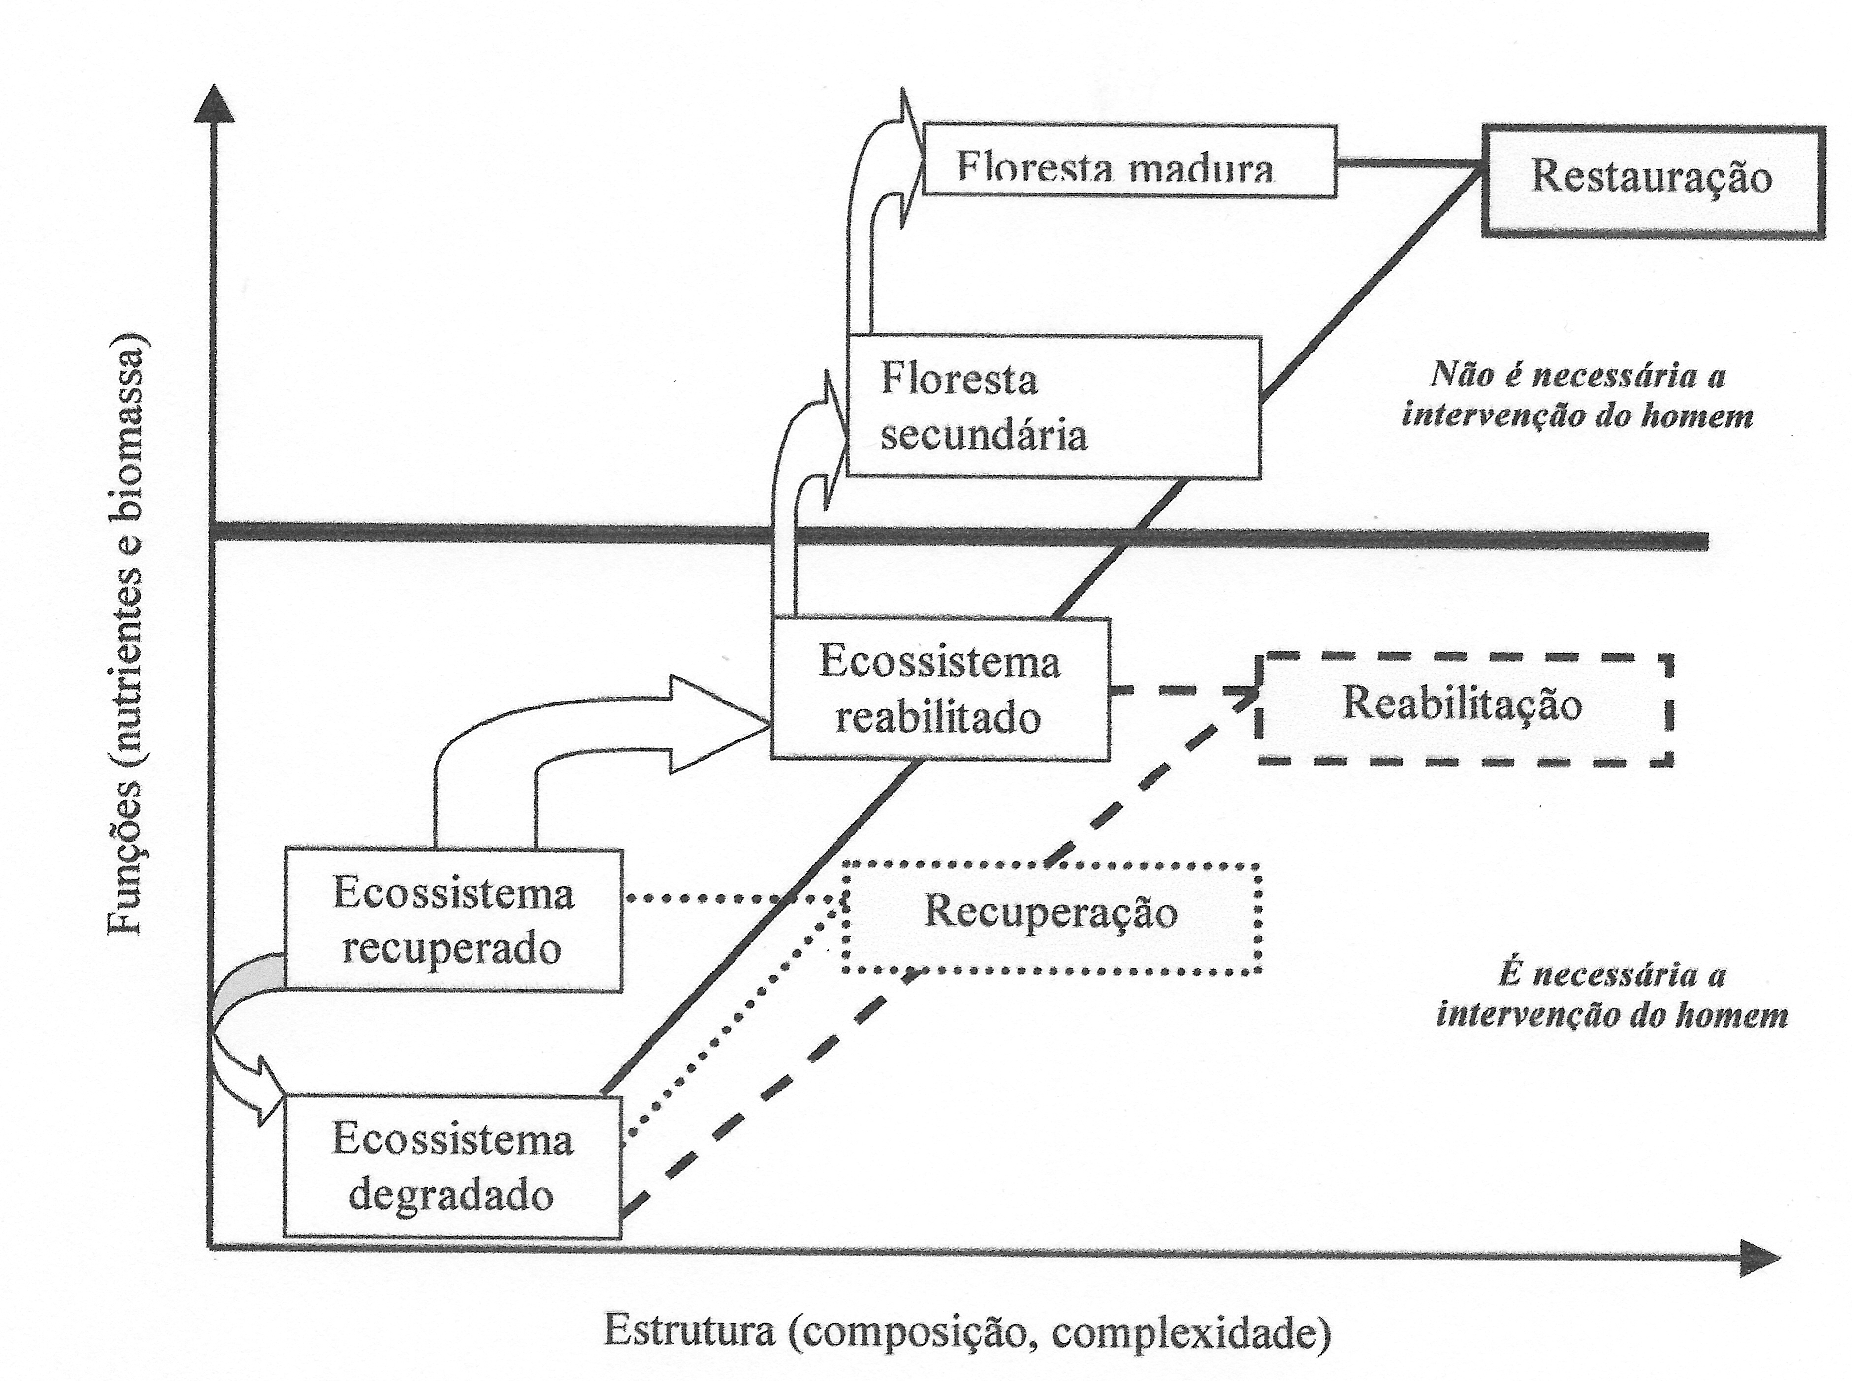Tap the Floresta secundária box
(1053, 407)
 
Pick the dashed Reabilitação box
(1464, 707)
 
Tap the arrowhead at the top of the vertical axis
(215, 104)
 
